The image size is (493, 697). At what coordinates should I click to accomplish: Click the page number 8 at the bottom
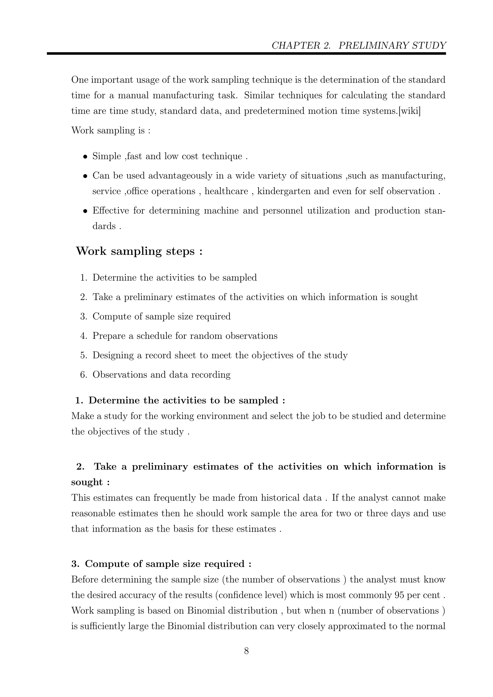click(x=246, y=651)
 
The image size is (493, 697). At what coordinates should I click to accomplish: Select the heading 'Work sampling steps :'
click(x=139, y=251)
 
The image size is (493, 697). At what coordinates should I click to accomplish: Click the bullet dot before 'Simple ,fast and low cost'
click(x=86, y=157)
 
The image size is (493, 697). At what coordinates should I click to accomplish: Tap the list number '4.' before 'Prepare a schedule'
click(x=84, y=336)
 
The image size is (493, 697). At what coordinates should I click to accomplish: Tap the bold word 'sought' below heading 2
click(x=87, y=482)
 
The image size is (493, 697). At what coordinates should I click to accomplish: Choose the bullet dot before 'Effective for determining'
click(x=86, y=211)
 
